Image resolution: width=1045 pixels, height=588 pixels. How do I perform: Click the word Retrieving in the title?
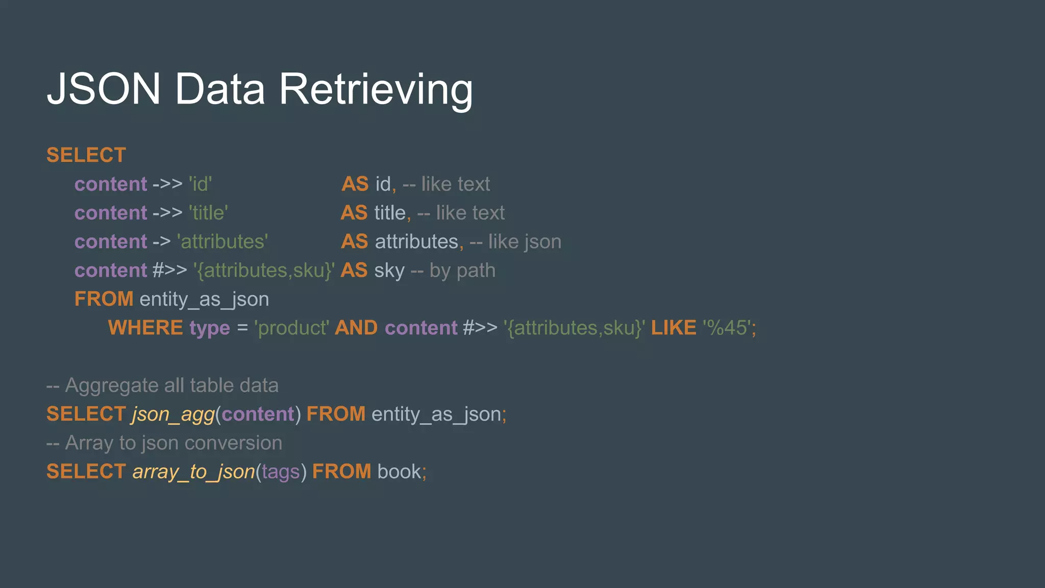pos(376,89)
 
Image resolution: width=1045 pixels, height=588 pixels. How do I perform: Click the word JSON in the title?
pos(104,89)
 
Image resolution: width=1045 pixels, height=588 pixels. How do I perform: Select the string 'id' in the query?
pos(200,184)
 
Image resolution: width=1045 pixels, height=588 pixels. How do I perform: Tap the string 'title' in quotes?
pos(208,213)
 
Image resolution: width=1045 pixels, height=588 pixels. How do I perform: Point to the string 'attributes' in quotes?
pos(222,241)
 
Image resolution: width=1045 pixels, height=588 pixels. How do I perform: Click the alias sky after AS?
pos(389,271)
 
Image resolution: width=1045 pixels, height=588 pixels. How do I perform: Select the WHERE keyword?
pos(145,328)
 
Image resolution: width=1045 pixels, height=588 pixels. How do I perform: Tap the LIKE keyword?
pos(674,328)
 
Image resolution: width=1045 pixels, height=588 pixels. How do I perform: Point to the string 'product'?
pos(291,328)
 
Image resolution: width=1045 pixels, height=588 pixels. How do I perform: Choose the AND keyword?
pos(356,328)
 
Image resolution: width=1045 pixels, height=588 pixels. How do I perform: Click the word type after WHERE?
pos(210,328)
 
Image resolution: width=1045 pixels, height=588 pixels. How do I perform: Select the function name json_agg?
pos(173,414)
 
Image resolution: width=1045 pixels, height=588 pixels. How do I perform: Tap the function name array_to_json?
pos(193,472)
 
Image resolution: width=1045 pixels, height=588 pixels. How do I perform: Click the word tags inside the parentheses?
pos(281,472)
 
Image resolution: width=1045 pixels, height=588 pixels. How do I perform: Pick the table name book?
pos(399,472)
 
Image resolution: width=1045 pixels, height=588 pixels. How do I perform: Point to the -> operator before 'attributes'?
pos(161,241)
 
